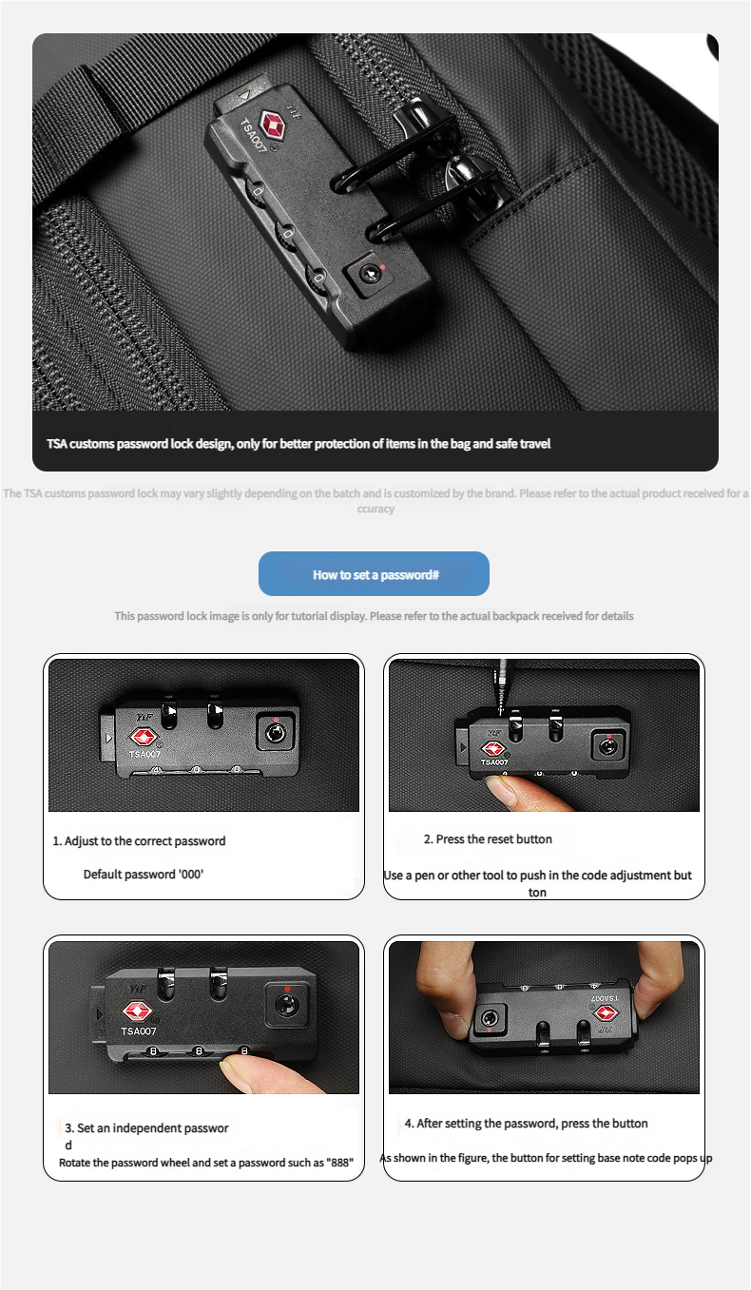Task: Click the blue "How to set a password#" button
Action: [x=374, y=573]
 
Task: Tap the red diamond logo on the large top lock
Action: [x=273, y=125]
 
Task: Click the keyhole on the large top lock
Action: [x=369, y=273]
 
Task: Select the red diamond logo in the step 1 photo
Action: [x=144, y=737]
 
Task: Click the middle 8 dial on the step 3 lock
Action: [x=199, y=1051]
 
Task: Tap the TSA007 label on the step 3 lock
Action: [x=138, y=1030]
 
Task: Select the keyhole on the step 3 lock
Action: [x=285, y=1005]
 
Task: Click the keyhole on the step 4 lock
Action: [x=491, y=1017]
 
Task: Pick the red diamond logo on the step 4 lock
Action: [x=606, y=1012]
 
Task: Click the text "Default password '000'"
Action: [x=144, y=875]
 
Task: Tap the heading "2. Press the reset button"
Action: [x=488, y=839]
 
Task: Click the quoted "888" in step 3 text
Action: [x=341, y=1163]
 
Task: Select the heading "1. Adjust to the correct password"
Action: [x=140, y=840]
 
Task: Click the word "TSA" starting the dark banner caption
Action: [x=57, y=443]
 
